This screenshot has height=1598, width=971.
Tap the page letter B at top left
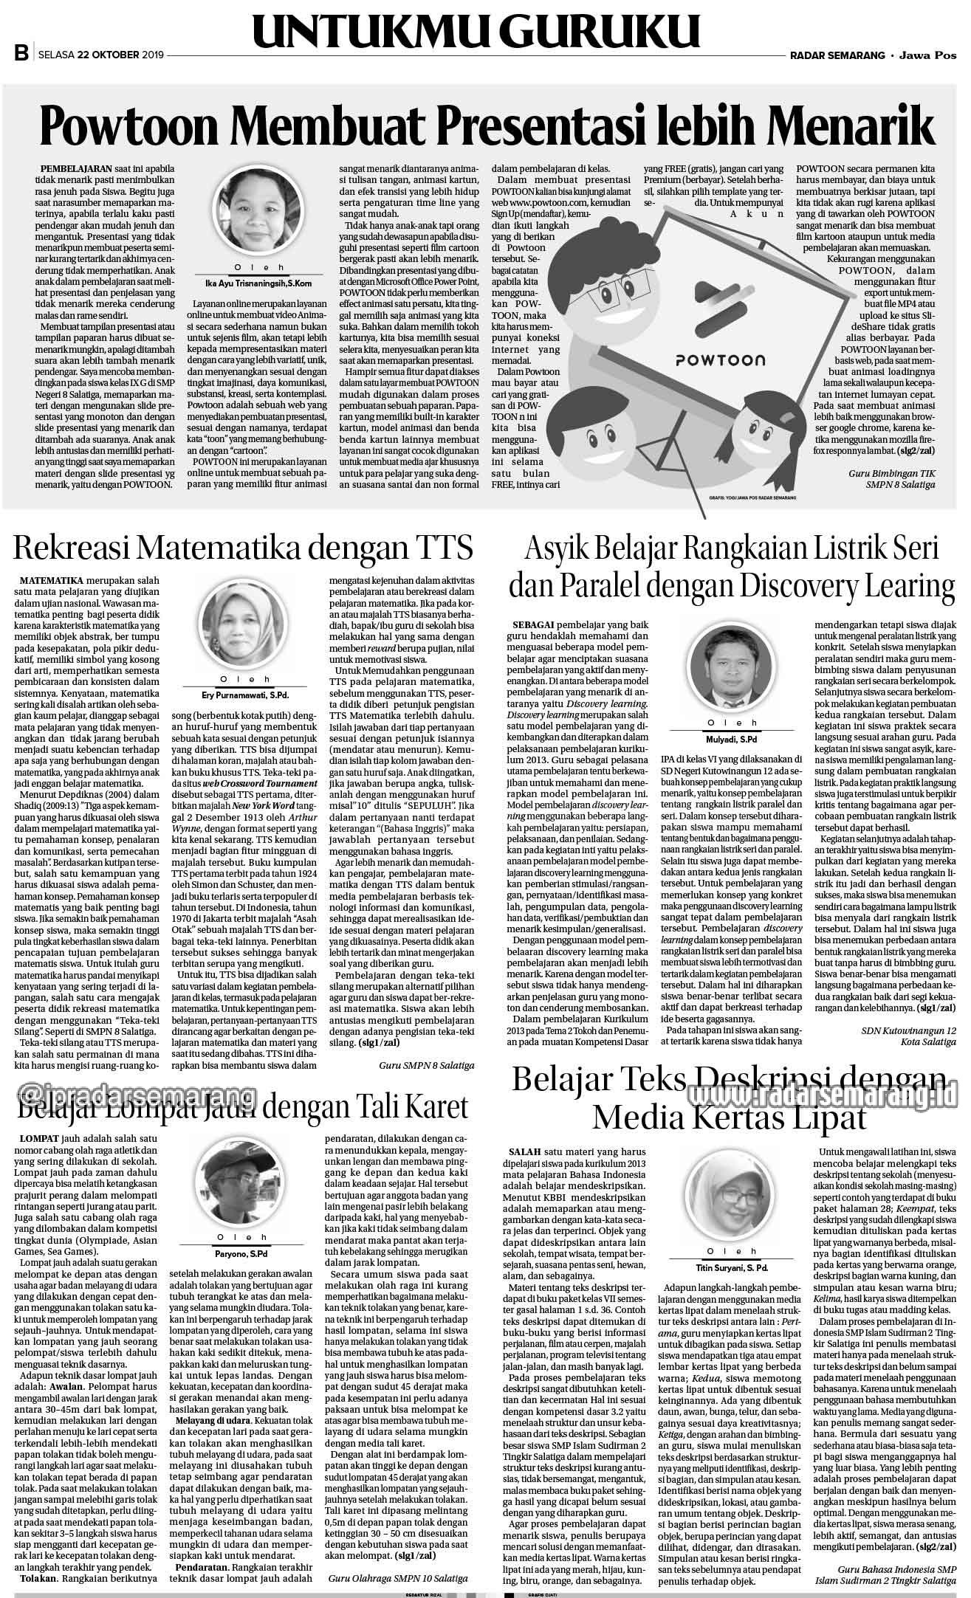(21, 54)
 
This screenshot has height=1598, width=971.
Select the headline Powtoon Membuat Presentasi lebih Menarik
(477, 126)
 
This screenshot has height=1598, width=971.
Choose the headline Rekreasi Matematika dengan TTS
(243, 550)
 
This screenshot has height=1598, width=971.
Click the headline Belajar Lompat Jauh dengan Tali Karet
(243, 1107)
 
